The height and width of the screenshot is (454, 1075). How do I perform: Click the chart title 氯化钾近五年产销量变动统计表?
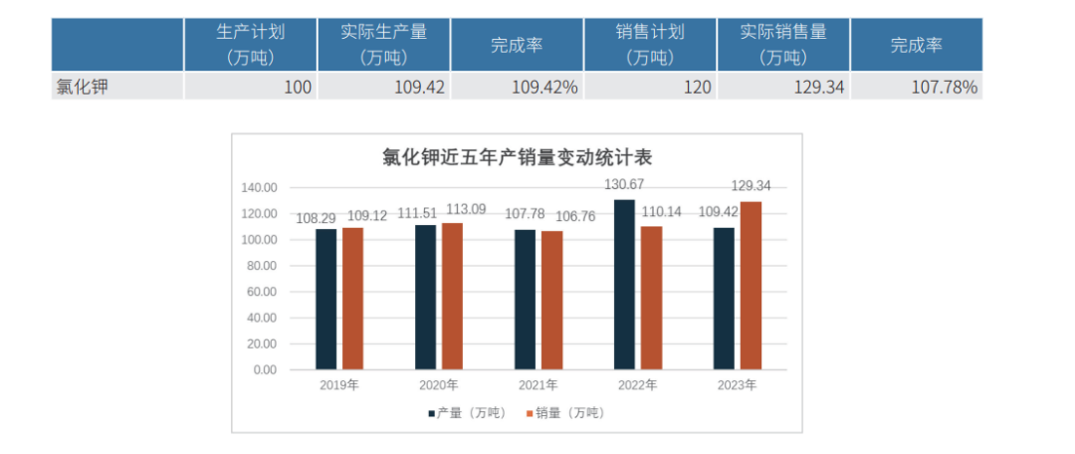[517, 157]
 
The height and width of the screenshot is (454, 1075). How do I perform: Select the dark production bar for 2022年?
[624, 285]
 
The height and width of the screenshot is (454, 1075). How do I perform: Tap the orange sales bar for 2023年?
[751, 286]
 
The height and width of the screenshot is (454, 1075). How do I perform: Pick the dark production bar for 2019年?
[326, 299]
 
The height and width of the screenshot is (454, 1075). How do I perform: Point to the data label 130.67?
[626, 184]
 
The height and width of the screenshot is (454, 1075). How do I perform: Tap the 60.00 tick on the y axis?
[261, 292]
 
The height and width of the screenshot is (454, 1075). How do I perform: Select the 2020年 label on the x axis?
[438, 385]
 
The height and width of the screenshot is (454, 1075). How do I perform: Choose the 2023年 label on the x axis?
[737, 385]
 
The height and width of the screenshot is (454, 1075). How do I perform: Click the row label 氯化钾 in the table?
[82, 88]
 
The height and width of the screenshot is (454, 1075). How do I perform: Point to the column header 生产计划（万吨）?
[250, 45]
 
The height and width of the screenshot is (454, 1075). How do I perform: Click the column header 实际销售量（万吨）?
[782, 45]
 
